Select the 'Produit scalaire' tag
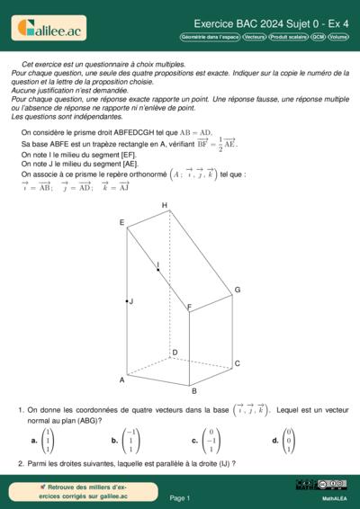(x=289, y=38)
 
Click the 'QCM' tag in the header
(x=319, y=38)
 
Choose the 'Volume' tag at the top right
(x=338, y=38)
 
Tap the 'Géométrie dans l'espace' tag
(x=210, y=38)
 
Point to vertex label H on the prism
(x=165, y=206)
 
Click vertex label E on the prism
(x=121, y=222)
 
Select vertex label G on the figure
(x=238, y=290)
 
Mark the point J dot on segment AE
(x=127, y=301)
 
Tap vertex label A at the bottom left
(x=121, y=380)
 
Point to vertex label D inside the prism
(x=175, y=353)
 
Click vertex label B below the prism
(x=193, y=391)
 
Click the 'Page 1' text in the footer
(x=180, y=497)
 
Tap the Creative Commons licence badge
(x=321, y=485)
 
